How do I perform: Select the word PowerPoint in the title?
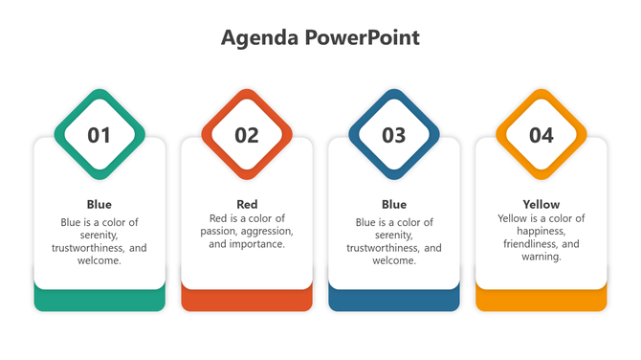(x=363, y=37)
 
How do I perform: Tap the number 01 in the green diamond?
(x=99, y=135)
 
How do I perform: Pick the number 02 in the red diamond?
(x=247, y=135)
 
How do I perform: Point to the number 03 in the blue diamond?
(x=394, y=135)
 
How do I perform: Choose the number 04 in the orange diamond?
(x=542, y=135)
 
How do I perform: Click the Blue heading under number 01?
(x=99, y=204)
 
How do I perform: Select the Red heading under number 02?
(x=247, y=204)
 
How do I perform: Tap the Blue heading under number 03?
(x=394, y=204)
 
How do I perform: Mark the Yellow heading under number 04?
(x=542, y=204)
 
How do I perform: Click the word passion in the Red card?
(x=228, y=232)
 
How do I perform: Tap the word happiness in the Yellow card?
(x=542, y=232)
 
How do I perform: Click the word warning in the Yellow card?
(x=541, y=257)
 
